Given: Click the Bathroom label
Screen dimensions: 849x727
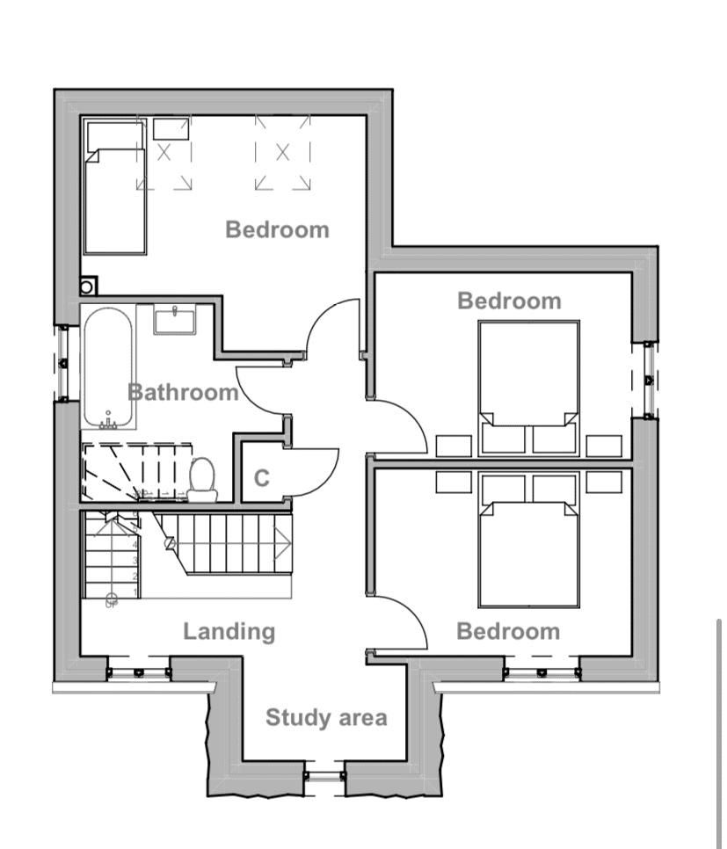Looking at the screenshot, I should click(x=183, y=392).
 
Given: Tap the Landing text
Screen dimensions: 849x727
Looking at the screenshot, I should click(x=229, y=631).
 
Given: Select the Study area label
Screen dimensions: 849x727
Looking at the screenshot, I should click(x=326, y=718).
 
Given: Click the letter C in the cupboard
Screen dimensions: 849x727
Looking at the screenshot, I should click(x=261, y=479).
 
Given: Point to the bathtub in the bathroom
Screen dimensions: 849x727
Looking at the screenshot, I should click(x=108, y=366).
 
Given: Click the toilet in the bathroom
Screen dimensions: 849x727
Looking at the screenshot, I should click(x=203, y=479).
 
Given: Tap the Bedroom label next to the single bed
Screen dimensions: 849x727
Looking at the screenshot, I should click(x=277, y=229).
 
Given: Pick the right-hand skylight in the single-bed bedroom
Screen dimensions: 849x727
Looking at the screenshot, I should click(x=282, y=153).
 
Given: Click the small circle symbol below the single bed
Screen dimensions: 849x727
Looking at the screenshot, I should click(x=88, y=286).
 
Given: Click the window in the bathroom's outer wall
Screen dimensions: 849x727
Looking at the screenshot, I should click(x=62, y=363).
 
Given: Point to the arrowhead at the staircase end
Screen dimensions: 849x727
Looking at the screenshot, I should click(x=283, y=541).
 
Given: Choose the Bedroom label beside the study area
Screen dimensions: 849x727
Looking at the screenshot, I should click(x=508, y=631).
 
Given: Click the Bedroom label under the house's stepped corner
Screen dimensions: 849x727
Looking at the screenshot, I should click(x=509, y=301).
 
